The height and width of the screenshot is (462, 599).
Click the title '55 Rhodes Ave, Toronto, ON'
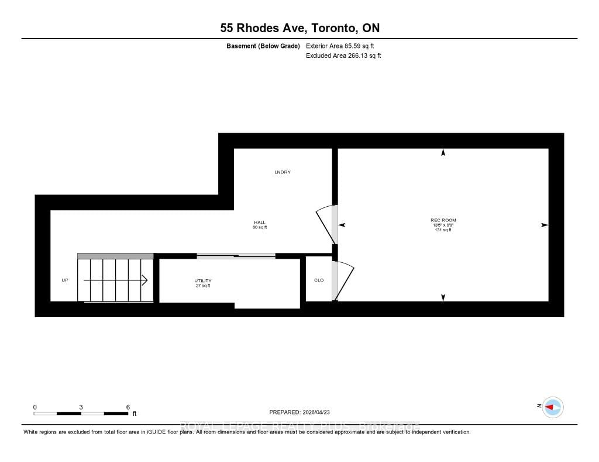coord(299,27)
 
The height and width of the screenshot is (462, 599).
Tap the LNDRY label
coord(283,172)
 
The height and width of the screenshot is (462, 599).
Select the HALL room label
coord(260,223)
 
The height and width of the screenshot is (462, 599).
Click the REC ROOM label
coord(443,220)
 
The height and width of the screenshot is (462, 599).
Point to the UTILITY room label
coord(202,281)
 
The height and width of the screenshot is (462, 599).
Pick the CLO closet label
coord(319,280)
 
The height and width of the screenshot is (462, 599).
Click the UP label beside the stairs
coord(65,280)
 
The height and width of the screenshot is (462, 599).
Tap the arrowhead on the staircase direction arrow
coord(144,280)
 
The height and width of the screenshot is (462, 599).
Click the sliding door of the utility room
coord(236,255)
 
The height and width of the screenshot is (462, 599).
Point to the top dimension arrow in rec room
coord(443,152)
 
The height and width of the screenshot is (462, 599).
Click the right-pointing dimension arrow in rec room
coord(545,225)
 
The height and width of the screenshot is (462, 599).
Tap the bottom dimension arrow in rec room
coord(443,298)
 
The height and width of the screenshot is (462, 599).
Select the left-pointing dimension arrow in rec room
coord(342,225)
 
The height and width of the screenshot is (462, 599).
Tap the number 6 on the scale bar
coord(128,407)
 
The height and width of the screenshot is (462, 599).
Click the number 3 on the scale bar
coord(81,407)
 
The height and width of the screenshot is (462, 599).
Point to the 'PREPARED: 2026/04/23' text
coord(299,411)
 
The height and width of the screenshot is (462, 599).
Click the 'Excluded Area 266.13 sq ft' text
coord(343,56)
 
